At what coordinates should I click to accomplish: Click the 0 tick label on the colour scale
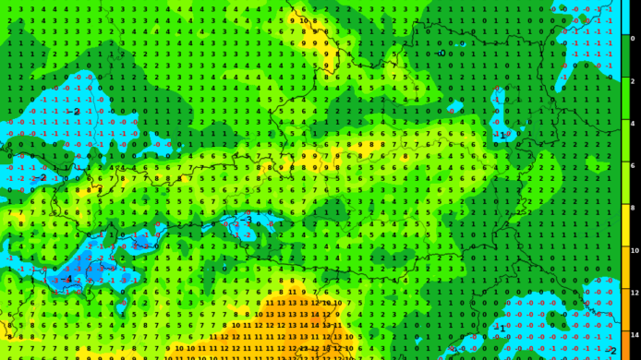coord(633,39)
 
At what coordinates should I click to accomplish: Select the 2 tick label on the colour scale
coord(633,81)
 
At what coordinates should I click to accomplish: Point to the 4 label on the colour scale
coord(633,124)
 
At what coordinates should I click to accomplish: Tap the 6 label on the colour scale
coord(633,166)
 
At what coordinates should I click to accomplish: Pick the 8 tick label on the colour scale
coord(633,209)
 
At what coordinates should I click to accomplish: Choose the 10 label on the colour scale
coord(635,250)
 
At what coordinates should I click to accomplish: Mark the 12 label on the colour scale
coord(635,293)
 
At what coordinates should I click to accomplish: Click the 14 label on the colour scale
coord(635,335)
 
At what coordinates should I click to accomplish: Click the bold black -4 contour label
coord(66,279)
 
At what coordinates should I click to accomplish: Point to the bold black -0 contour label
coord(441,54)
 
